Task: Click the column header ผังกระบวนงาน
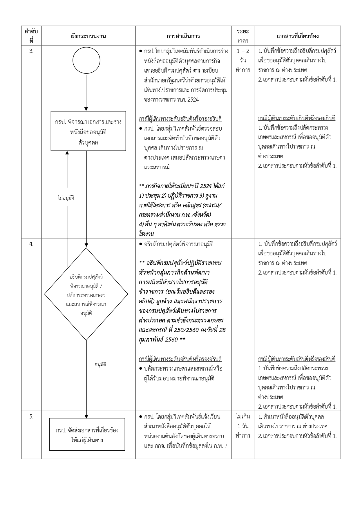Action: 88,36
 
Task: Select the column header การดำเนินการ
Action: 183,36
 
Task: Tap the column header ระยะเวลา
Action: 243,36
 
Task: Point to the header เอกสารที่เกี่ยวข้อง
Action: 297,36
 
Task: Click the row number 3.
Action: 31,51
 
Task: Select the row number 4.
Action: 31,244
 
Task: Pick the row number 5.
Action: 31,417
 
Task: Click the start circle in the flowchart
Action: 86,61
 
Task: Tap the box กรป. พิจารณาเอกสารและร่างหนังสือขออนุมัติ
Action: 88,131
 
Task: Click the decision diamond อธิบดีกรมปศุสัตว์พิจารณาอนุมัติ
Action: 86,294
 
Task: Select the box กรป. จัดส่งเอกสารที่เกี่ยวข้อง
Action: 87,434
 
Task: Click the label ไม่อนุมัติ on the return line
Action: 66,198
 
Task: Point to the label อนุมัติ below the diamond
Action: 100,364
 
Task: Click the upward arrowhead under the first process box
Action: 67,153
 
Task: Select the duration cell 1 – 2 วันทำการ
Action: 243,60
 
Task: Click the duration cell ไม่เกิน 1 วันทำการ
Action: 243,426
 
